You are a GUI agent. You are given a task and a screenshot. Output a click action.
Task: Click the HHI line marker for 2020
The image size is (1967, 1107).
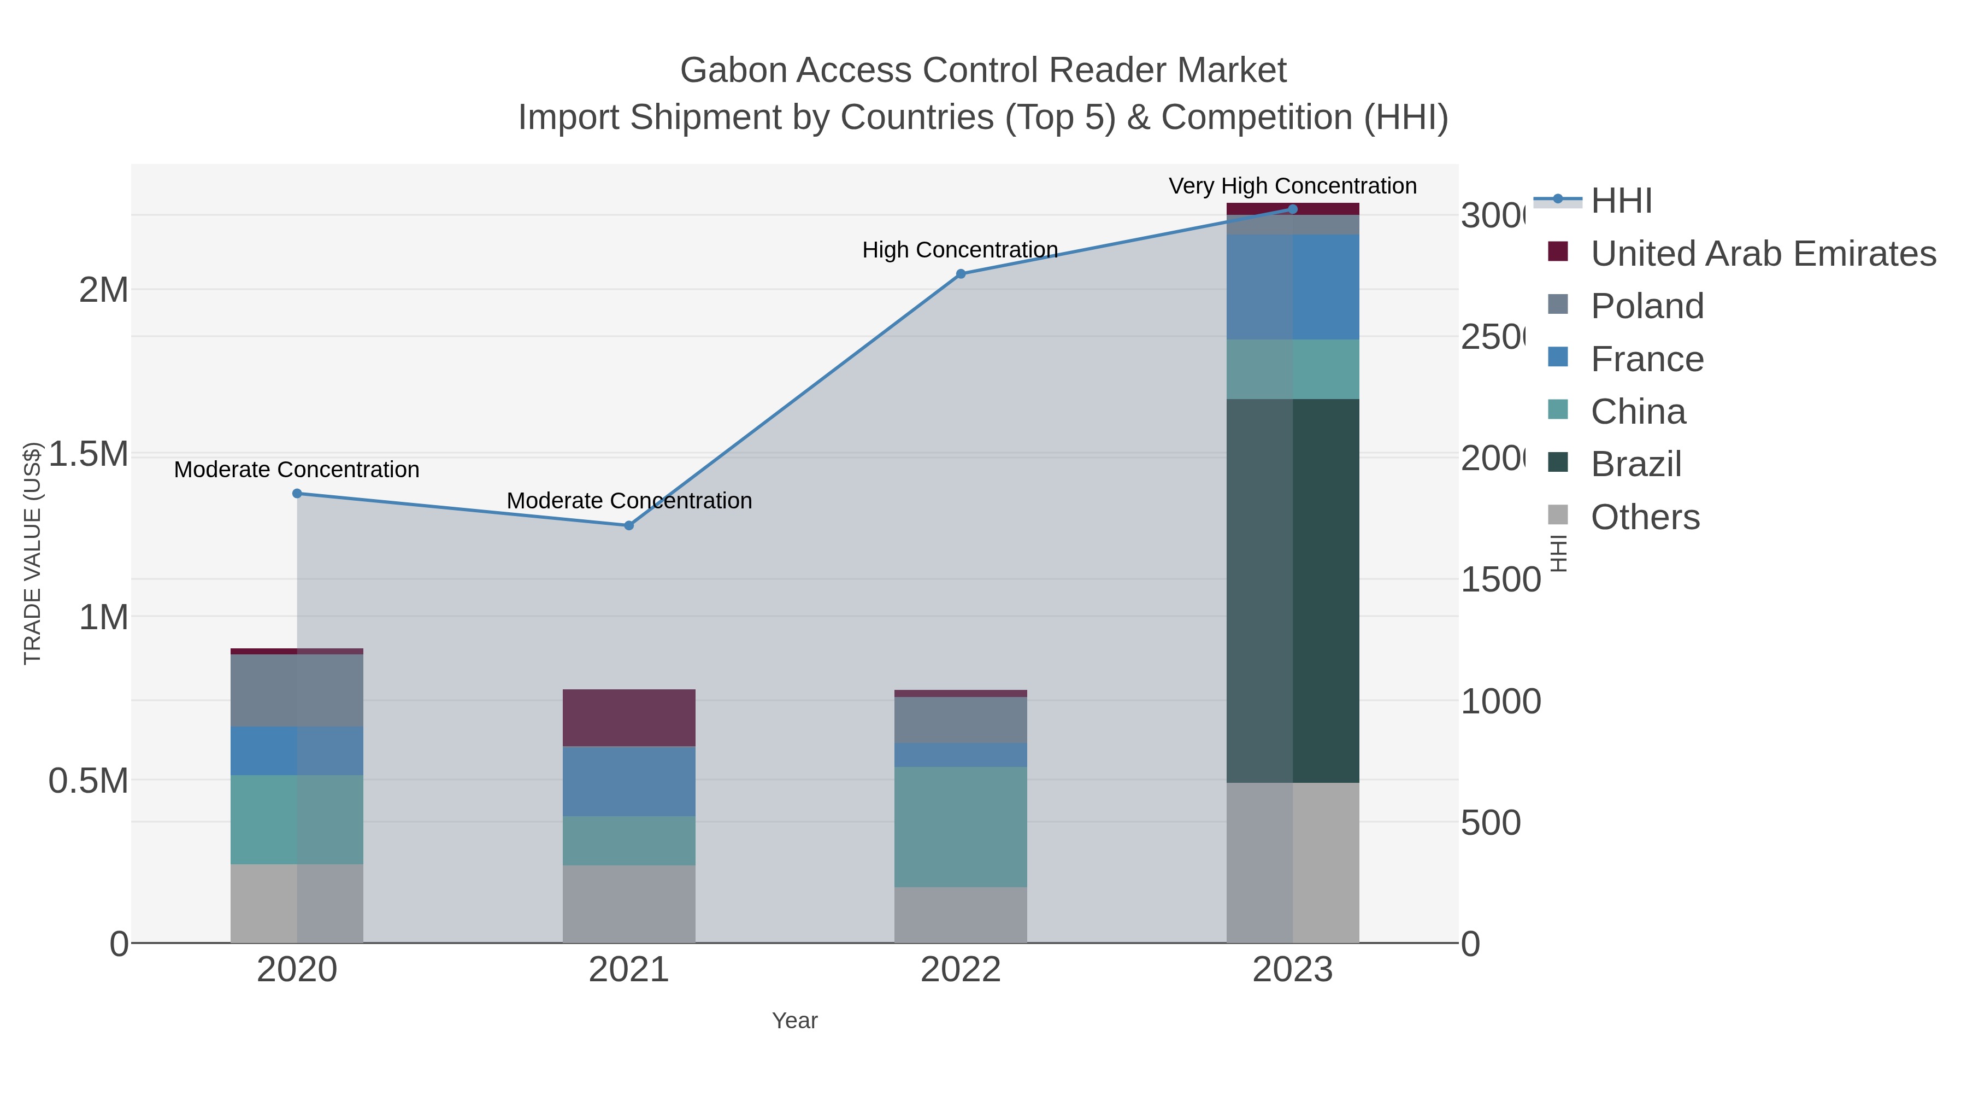click(297, 494)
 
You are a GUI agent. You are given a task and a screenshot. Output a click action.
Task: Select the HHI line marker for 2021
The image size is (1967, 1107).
click(628, 525)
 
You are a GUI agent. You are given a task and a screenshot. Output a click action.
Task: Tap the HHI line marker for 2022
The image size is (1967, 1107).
click(961, 273)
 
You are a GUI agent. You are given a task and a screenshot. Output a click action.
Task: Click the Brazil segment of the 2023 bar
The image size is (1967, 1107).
click(1292, 590)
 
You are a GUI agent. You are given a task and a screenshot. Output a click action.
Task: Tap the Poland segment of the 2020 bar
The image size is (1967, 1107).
click(297, 690)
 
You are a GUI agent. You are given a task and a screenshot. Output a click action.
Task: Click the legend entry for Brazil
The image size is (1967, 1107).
click(1635, 465)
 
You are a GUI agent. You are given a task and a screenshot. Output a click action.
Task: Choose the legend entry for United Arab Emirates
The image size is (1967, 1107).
click(1762, 254)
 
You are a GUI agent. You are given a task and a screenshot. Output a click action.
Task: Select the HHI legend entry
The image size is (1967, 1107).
click(1621, 201)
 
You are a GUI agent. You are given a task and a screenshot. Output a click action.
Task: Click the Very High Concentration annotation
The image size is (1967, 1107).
click(1292, 186)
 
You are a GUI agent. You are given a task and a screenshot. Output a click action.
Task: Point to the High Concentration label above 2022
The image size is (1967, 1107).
click(960, 250)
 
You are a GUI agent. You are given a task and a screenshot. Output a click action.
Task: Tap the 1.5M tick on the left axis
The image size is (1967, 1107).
click(88, 454)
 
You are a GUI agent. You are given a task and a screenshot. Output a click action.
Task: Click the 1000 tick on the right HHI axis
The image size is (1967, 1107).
click(1500, 701)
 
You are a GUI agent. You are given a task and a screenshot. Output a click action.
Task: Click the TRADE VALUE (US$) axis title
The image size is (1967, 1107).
click(32, 553)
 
